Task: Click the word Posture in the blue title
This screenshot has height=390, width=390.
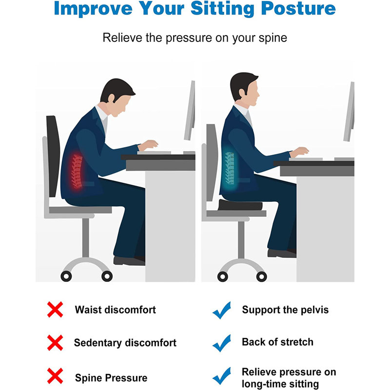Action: click(x=298, y=9)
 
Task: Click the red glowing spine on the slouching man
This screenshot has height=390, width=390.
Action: click(x=77, y=172)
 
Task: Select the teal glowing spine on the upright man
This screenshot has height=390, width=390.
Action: click(x=230, y=168)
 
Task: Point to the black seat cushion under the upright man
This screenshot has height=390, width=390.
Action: click(x=240, y=205)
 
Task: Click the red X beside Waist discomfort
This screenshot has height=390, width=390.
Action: click(x=55, y=310)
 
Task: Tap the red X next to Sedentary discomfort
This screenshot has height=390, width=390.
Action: click(x=55, y=343)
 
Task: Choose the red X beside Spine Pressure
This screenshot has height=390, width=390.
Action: click(x=55, y=376)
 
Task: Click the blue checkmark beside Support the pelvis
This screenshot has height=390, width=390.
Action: click(x=222, y=310)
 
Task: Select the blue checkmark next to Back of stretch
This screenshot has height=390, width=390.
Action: click(x=222, y=343)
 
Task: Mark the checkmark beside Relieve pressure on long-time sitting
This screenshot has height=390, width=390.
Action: click(x=222, y=376)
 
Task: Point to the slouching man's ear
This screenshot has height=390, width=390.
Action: click(x=111, y=98)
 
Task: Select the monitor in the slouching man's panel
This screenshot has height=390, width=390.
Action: click(x=190, y=110)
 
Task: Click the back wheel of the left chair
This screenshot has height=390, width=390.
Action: click(x=66, y=276)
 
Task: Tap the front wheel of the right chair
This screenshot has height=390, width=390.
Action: click(x=261, y=276)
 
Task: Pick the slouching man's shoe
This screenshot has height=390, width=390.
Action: click(x=129, y=260)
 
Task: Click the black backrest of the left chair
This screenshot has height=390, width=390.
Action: click(x=53, y=156)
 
